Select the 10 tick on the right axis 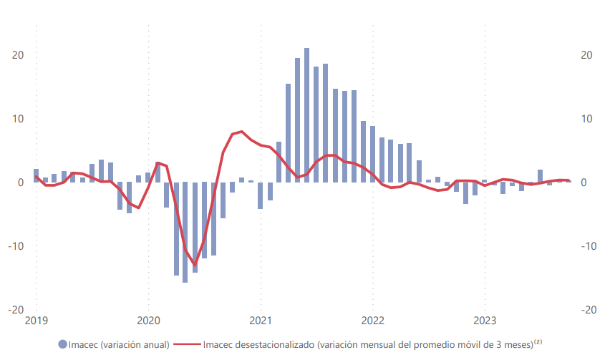[x=586, y=119]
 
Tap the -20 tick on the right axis [x=589, y=310]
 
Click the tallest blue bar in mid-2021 [x=306, y=115]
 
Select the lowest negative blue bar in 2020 [x=185, y=232]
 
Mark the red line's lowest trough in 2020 [x=195, y=265]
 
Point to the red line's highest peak [x=242, y=132]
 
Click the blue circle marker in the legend [x=63, y=344]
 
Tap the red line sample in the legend [x=187, y=344]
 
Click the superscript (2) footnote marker [x=538, y=342]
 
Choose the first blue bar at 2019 [x=36, y=175]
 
